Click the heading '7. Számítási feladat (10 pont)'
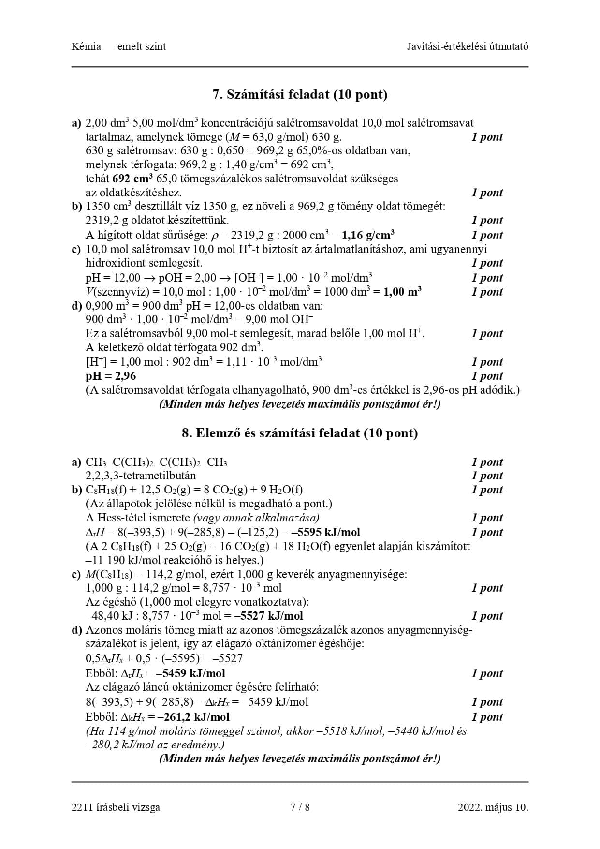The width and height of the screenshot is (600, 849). click(x=300, y=94)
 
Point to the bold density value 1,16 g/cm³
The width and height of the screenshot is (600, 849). click(x=368, y=236)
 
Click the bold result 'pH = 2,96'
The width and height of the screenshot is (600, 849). click(x=111, y=376)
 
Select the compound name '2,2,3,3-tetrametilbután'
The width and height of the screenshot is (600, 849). click(x=141, y=476)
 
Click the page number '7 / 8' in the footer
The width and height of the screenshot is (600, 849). click(x=300, y=807)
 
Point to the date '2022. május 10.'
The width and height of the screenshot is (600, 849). click(x=493, y=807)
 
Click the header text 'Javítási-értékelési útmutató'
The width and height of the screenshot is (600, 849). click(x=468, y=46)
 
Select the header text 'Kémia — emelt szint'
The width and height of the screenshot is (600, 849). click(x=118, y=46)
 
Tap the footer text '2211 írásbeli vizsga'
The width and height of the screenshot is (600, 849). click(x=116, y=807)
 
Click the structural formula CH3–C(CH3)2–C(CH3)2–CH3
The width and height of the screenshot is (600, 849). click(x=156, y=462)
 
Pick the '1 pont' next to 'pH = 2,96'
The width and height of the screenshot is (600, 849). click(x=487, y=376)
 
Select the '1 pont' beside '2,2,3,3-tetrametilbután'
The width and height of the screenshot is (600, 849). click(x=487, y=476)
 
